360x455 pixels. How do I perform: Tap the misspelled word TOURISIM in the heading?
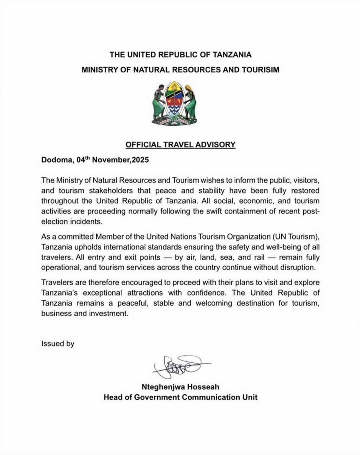[x=260, y=70]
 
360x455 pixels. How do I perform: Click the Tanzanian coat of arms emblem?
[x=174, y=103]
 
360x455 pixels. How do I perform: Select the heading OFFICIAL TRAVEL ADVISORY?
[x=180, y=145]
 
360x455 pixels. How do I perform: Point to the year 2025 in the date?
[x=140, y=160]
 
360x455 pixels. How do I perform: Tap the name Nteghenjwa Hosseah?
[x=180, y=387]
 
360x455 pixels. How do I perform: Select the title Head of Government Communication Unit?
[x=180, y=397]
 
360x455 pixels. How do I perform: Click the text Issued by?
[x=58, y=344]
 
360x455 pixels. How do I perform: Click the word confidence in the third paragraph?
[x=207, y=293]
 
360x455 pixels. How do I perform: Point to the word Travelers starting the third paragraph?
[x=57, y=282]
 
